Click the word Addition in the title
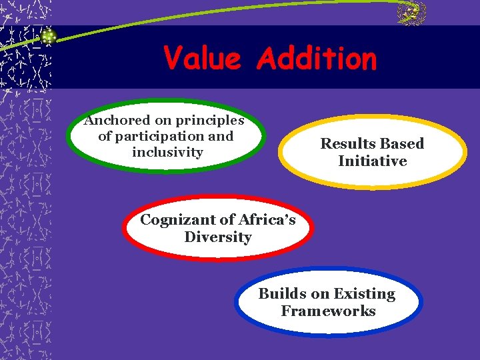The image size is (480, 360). coord(316,59)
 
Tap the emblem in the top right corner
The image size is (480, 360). coord(411,13)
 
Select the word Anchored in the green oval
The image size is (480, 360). coord(117,121)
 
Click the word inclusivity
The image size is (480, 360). coord(167,152)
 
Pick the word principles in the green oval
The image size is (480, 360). coord(209,121)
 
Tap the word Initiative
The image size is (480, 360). coord(372,161)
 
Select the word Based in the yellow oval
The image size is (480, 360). coord(401,143)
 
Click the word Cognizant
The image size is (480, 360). coord(177,220)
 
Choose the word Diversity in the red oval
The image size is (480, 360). coord(217,237)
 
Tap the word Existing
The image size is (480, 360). coord(365,294)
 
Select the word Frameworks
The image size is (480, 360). coord(328,311)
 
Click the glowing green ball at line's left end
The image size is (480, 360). coord(47,37)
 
